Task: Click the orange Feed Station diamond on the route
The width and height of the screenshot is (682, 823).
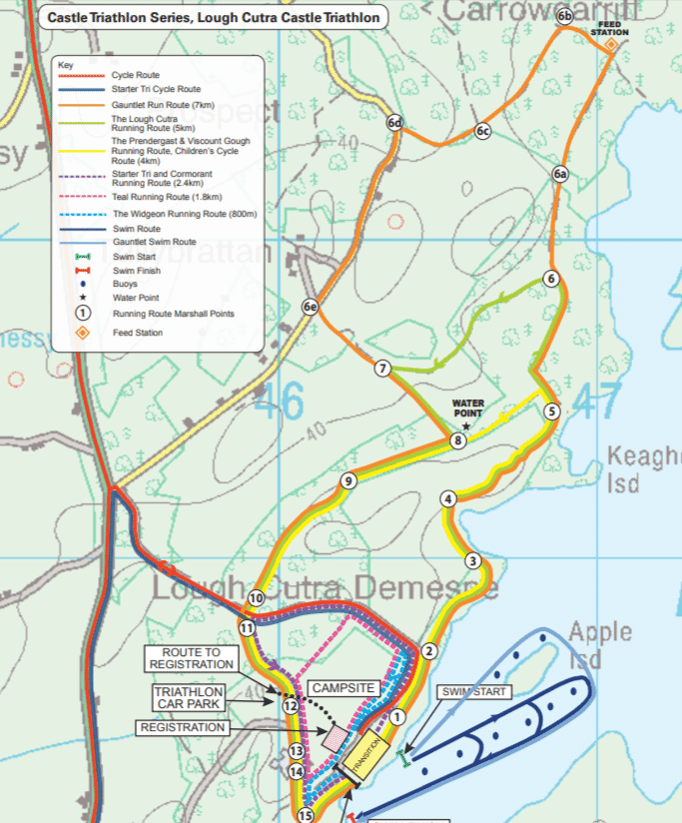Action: [610, 44]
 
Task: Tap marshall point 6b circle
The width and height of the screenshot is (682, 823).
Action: [565, 16]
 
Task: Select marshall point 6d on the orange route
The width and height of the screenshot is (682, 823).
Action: [394, 123]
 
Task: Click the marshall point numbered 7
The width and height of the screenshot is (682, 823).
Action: [381, 370]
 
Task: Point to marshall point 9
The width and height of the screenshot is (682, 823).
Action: [347, 481]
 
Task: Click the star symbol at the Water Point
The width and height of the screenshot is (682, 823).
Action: [466, 426]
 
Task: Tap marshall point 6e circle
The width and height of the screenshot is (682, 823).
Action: [311, 307]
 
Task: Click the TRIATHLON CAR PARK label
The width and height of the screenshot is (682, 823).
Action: [188, 697]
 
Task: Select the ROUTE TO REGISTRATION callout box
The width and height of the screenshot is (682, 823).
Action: [190, 657]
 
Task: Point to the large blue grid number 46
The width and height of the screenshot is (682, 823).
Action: [278, 402]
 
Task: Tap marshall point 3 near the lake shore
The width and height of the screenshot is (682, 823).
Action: [472, 560]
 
